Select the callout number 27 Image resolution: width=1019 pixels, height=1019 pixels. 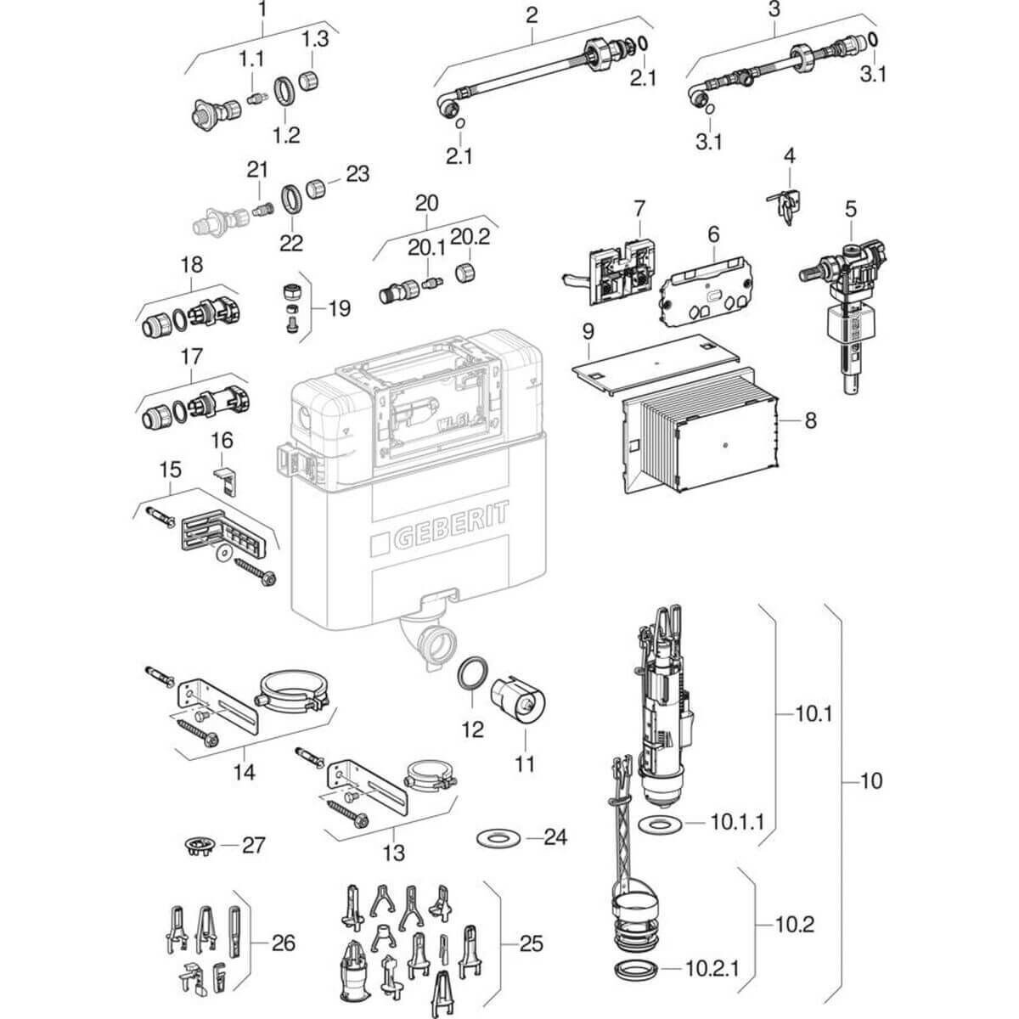[x=254, y=845]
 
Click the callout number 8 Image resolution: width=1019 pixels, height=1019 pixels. [x=810, y=419]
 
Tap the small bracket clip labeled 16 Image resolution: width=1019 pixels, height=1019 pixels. [x=225, y=476]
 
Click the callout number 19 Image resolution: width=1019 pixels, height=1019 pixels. [x=338, y=307]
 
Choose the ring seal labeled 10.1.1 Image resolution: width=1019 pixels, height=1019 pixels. [x=657, y=823]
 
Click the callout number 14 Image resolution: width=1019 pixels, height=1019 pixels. [x=245, y=772]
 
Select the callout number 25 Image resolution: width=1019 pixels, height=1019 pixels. [x=531, y=943]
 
